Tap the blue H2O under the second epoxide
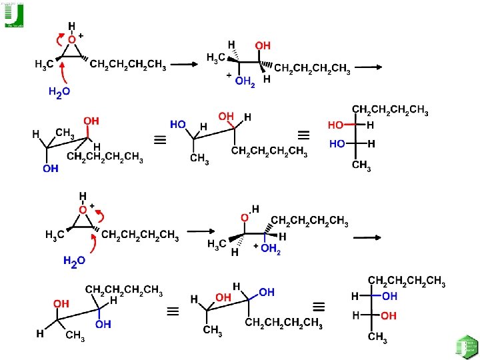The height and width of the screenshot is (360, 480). click(x=74, y=261)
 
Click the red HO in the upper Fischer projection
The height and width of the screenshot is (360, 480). click(x=336, y=125)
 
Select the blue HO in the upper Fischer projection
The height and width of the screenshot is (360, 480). click(x=336, y=143)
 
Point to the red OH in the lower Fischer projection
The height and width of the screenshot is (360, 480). click(x=389, y=315)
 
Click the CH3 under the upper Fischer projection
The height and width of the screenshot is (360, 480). click(x=361, y=166)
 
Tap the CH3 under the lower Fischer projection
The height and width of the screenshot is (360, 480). click(x=377, y=337)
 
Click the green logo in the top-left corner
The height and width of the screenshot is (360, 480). click(x=14, y=15)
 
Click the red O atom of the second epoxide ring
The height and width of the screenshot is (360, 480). click(x=82, y=209)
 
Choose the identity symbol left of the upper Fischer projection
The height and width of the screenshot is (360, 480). click(x=303, y=135)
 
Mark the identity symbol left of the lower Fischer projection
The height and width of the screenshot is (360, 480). click(x=319, y=307)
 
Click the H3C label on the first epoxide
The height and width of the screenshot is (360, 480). click(x=45, y=65)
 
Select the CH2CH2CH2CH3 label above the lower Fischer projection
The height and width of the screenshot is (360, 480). click(x=407, y=281)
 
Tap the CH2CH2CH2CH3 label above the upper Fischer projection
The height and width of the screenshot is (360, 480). click(x=390, y=109)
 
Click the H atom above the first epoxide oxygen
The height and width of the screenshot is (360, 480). click(x=71, y=26)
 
